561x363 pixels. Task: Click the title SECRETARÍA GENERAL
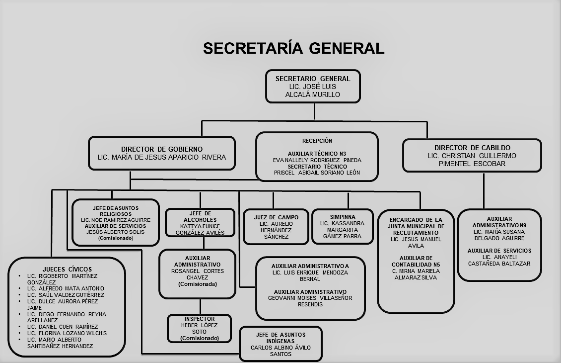(x=293, y=48)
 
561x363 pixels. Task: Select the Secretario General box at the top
(x=313, y=87)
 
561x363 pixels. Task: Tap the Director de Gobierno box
(x=161, y=153)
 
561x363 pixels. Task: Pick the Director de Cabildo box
(x=472, y=156)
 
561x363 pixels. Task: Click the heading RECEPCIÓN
(x=317, y=141)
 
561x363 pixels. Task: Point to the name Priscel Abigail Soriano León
(x=317, y=173)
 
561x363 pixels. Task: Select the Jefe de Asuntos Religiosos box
(x=115, y=222)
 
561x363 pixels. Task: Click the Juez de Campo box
(x=276, y=227)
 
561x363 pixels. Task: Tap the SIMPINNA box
(x=343, y=227)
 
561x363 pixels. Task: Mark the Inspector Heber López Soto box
(x=200, y=328)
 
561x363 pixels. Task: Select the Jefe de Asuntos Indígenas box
(x=280, y=344)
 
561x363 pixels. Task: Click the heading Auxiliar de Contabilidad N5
(x=416, y=262)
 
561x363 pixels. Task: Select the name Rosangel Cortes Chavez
(x=197, y=274)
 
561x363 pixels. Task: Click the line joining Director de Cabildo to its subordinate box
(x=484, y=190)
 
